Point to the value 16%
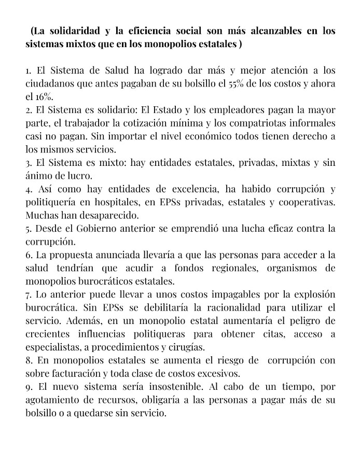pyautogui.click(x=46, y=97)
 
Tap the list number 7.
pyautogui.click(x=29, y=294)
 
